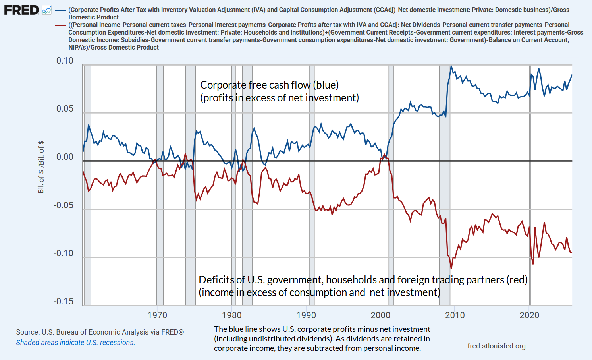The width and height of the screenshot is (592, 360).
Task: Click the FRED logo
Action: (21, 10)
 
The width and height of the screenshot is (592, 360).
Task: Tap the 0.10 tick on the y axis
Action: (65, 61)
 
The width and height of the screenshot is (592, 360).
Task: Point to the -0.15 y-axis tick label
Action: (64, 302)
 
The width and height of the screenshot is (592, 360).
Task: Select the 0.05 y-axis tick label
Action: (65, 109)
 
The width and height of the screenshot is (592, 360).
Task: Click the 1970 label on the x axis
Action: (157, 315)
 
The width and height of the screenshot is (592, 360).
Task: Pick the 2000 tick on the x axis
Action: (380, 315)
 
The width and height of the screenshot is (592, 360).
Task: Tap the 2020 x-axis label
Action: (529, 315)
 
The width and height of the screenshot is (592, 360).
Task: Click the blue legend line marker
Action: (60, 10)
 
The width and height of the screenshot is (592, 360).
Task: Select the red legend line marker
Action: (60, 25)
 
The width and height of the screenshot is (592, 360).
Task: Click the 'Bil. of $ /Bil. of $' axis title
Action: (41, 167)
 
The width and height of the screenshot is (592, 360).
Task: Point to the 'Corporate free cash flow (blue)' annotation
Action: (269, 85)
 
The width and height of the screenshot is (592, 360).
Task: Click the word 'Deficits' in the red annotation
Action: (216, 280)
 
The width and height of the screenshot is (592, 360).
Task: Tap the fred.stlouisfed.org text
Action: (496, 346)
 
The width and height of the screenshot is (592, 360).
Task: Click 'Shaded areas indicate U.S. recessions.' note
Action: (75, 343)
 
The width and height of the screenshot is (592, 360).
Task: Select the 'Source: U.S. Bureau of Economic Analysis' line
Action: (100, 332)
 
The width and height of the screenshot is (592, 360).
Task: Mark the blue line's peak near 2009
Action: (451, 66)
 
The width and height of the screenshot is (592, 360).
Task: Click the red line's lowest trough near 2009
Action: (451, 269)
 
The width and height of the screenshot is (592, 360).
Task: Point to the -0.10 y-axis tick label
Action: (64, 254)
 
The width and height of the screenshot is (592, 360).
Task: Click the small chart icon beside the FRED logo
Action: (46, 10)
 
